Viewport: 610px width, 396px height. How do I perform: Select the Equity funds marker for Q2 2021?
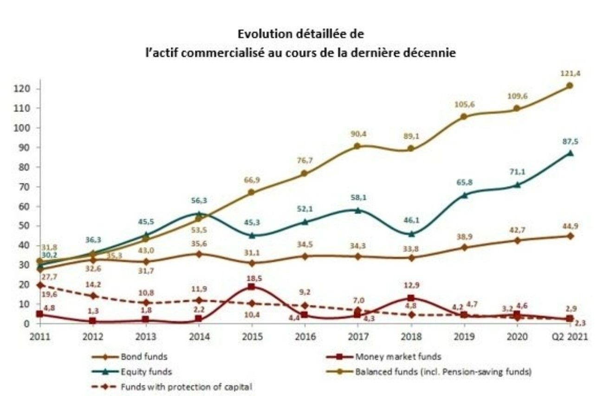[x=570, y=153]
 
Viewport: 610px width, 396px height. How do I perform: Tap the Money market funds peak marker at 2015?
[x=251, y=287]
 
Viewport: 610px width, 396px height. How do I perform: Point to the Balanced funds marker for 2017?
[x=357, y=146]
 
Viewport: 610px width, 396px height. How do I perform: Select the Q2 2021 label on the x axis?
[x=570, y=337]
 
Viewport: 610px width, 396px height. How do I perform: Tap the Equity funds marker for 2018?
[x=410, y=234]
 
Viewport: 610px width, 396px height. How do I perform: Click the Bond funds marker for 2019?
[x=463, y=247]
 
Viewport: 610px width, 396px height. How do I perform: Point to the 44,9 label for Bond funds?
[x=570, y=226]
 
